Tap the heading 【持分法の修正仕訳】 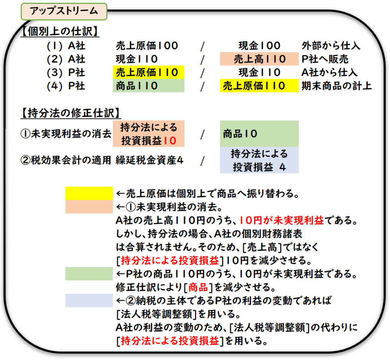(x=70, y=113)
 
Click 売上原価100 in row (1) (x=147, y=46)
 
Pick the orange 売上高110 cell (x=259, y=59)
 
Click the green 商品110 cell (x=149, y=86)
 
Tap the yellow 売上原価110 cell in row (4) (x=259, y=86)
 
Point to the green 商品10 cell (x=259, y=134)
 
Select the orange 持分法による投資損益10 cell (x=149, y=134)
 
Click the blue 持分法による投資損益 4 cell (x=259, y=160)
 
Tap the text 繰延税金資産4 (x=150, y=160)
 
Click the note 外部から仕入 (x=330, y=46)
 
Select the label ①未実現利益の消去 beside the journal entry (x=66, y=134)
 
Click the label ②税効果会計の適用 (x=66, y=160)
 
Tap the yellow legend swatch (x=89, y=193)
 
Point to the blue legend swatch (x=89, y=300)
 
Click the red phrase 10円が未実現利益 (x=281, y=221)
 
